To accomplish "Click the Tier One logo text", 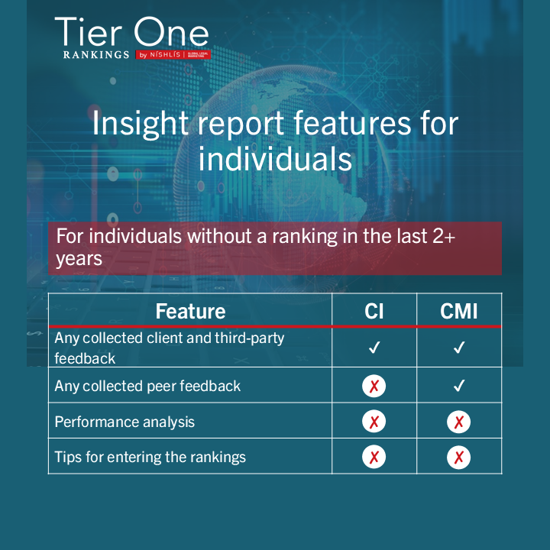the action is [x=132, y=32].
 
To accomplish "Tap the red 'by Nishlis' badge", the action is [x=173, y=55].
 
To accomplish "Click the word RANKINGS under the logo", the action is [x=96, y=55].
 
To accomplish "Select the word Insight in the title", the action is [x=141, y=124].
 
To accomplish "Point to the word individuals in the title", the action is [x=275, y=159].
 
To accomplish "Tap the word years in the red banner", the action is [x=79, y=259].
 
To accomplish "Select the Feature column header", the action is [x=190, y=311].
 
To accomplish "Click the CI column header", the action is [x=374, y=311].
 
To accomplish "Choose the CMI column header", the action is [x=459, y=311].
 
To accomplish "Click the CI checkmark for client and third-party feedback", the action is [x=374, y=348].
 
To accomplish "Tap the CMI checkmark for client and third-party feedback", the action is [x=459, y=348].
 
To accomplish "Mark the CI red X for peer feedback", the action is [x=374, y=386].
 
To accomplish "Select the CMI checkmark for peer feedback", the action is [x=459, y=386].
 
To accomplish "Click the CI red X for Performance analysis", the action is [x=374, y=421].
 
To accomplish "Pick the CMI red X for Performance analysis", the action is [x=459, y=422].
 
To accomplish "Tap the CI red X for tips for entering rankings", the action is [x=374, y=457].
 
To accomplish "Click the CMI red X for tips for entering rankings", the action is [x=459, y=457].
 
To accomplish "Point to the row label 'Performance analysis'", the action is [x=125, y=422].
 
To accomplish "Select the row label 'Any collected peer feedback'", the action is [x=147, y=387].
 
